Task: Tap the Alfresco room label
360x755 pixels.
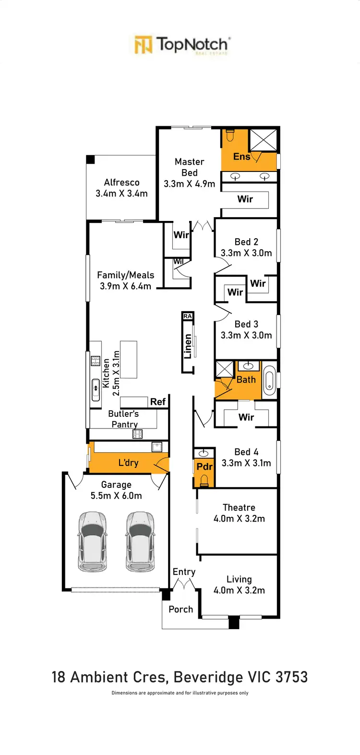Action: click(121, 183)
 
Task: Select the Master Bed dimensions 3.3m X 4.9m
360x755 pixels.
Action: click(189, 184)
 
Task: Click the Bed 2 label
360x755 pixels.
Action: click(246, 242)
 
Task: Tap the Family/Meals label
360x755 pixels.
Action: click(125, 275)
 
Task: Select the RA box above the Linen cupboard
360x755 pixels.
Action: click(188, 316)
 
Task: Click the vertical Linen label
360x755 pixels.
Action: click(188, 346)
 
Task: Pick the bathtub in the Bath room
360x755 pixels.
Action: click(269, 380)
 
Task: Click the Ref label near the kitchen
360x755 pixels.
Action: click(157, 402)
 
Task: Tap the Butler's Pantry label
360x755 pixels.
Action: click(124, 419)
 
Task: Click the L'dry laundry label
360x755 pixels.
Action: click(128, 463)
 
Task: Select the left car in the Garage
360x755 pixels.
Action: click(93, 542)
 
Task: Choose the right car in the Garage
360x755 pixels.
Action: click(140, 542)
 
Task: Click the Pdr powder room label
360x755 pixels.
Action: click(204, 467)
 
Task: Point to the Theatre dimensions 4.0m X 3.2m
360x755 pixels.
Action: click(239, 519)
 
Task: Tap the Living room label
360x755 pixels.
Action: click(239, 580)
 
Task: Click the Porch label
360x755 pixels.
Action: click(181, 609)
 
